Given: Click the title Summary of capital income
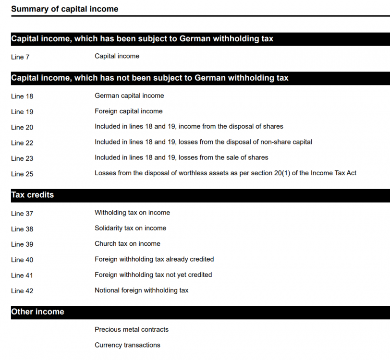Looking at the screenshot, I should [64, 9].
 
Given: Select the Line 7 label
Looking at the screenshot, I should [20, 57].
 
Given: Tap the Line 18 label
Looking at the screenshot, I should [22, 96].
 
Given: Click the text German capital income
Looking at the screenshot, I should [129, 96].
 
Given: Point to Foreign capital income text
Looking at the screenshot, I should [128, 111].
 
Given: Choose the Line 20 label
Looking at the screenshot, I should [22, 127].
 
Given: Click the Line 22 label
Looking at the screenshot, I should [22, 143].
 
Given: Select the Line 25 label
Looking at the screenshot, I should [22, 174].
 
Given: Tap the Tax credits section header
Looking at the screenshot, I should [32, 195].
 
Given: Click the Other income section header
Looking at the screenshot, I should [37, 312].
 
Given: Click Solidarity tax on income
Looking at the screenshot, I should [130, 228].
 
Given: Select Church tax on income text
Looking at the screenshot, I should [127, 243].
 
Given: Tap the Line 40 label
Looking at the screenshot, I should [22, 260].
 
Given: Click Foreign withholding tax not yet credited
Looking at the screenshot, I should [153, 275].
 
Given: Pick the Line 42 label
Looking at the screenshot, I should [22, 291].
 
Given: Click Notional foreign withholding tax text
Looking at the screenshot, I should [141, 290].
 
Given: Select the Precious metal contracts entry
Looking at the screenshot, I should [132, 329].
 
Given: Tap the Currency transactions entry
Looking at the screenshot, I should [127, 345].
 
